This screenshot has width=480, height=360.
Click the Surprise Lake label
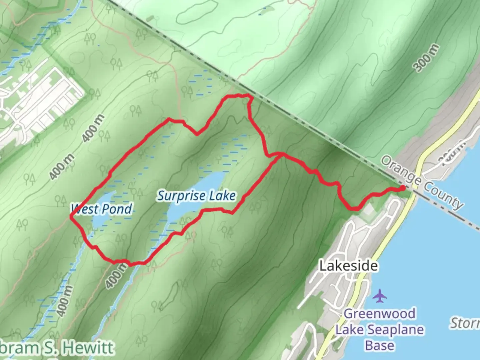(x=197, y=196)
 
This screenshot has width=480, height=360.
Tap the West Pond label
(x=102, y=209)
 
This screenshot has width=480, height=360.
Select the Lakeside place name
(x=349, y=266)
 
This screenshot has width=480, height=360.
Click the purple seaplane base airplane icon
(x=380, y=296)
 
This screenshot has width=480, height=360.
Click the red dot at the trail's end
(x=403, y=188)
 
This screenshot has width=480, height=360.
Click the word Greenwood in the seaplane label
(x=380, y=314)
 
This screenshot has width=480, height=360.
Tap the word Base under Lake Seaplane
(x=380, y=345)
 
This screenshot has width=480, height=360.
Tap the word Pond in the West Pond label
(x=117, y=209)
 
